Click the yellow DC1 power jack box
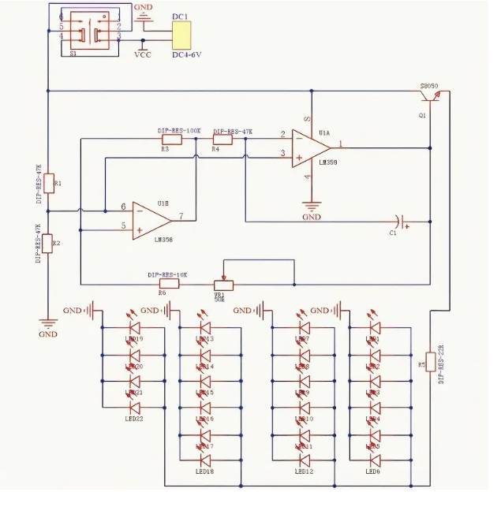point(181,35)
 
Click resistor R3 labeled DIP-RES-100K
point(171,140)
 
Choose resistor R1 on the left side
point(48,184)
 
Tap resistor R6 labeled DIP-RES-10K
point(169,283)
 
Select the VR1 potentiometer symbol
point(225,283)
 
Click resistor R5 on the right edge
point(431,360)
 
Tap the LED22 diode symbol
point(135,408)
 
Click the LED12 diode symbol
point(304,460)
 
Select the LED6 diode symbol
point(373,460)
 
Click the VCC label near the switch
point(144,55)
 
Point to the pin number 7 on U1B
point(181,216)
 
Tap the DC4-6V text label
point(188,54)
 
